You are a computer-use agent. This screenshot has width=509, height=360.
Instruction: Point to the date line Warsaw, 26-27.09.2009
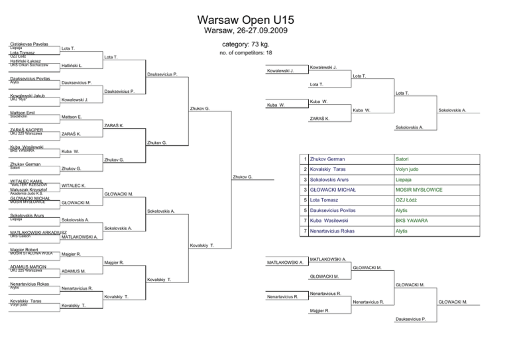coord(254,31)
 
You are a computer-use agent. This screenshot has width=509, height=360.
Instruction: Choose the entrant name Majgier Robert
coord(25,249)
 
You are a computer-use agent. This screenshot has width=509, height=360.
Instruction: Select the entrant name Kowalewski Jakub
coord(27,95)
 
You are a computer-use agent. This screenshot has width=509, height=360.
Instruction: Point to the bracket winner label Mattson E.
coord(71,117)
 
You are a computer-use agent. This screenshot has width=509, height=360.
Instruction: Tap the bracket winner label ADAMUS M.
coord(73,272)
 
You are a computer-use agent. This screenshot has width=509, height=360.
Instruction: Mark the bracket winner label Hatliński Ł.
coord(72,66)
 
